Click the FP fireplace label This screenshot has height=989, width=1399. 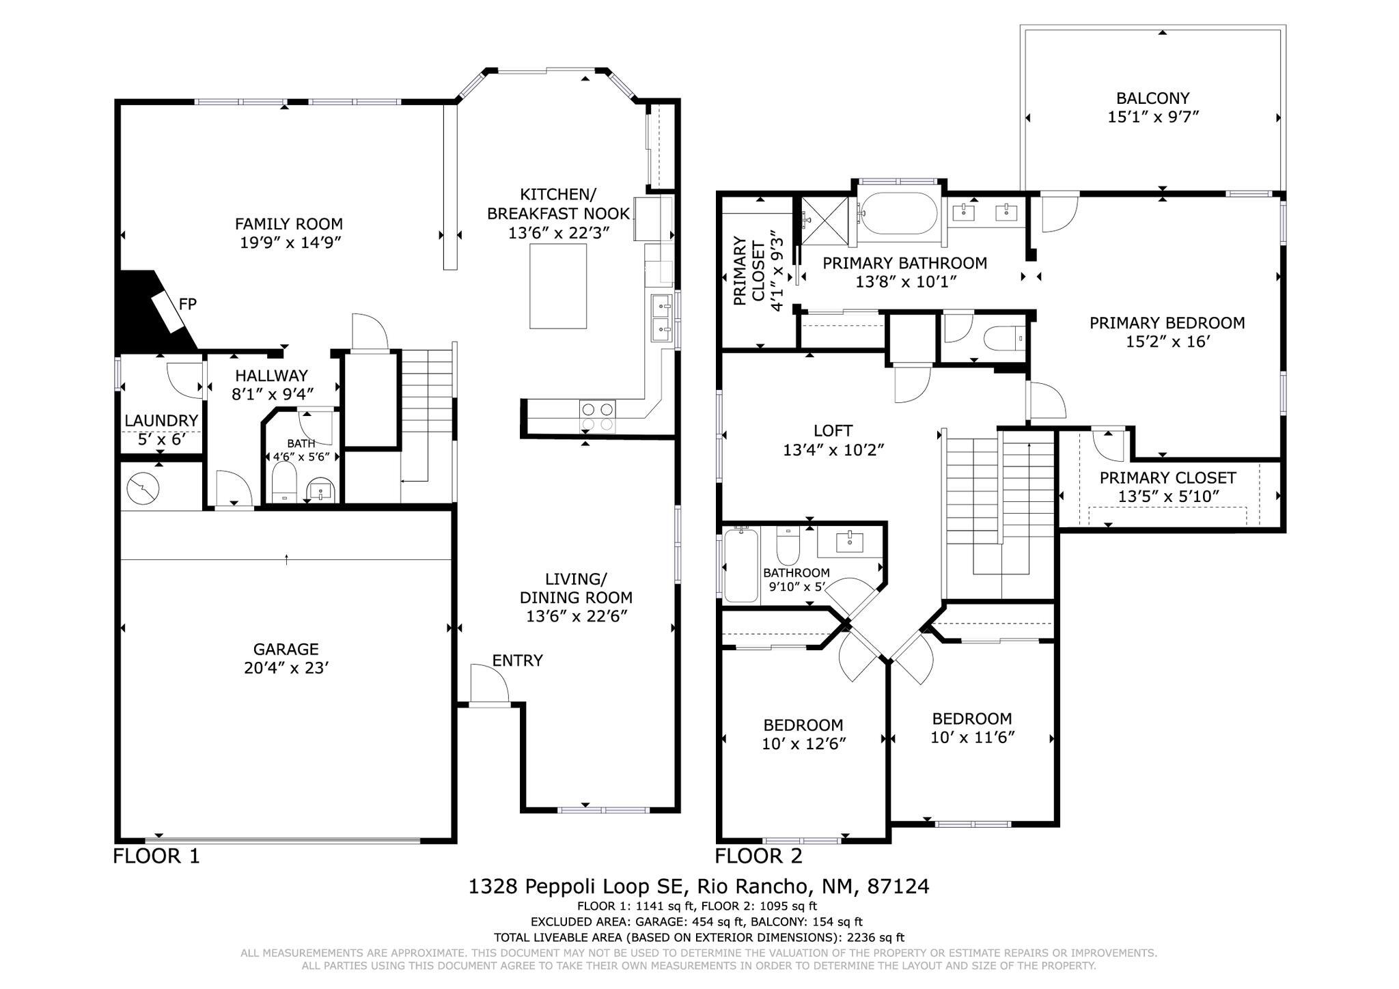(188, 305)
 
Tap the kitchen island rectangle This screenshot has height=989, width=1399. (558, 286)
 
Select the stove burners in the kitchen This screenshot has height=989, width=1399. (598, 417)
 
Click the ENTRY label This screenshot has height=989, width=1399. (517, 660)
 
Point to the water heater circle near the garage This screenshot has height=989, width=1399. (143, 487)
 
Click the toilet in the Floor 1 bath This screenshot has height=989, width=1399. (283, 481)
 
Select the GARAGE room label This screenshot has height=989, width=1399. (286, 649)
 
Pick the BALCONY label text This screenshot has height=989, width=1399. (1152, 98)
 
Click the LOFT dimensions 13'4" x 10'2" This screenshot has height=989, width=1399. (833, 450)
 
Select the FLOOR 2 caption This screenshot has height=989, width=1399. (758, 856)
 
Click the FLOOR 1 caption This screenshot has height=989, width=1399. (156, 856)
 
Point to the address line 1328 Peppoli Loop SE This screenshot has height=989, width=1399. (698, 887)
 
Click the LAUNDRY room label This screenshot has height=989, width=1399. (161, 421)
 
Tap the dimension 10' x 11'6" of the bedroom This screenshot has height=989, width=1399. (972, 738)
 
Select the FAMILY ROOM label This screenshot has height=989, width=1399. (289, 224)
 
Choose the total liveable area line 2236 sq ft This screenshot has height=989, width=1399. (698, 938)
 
